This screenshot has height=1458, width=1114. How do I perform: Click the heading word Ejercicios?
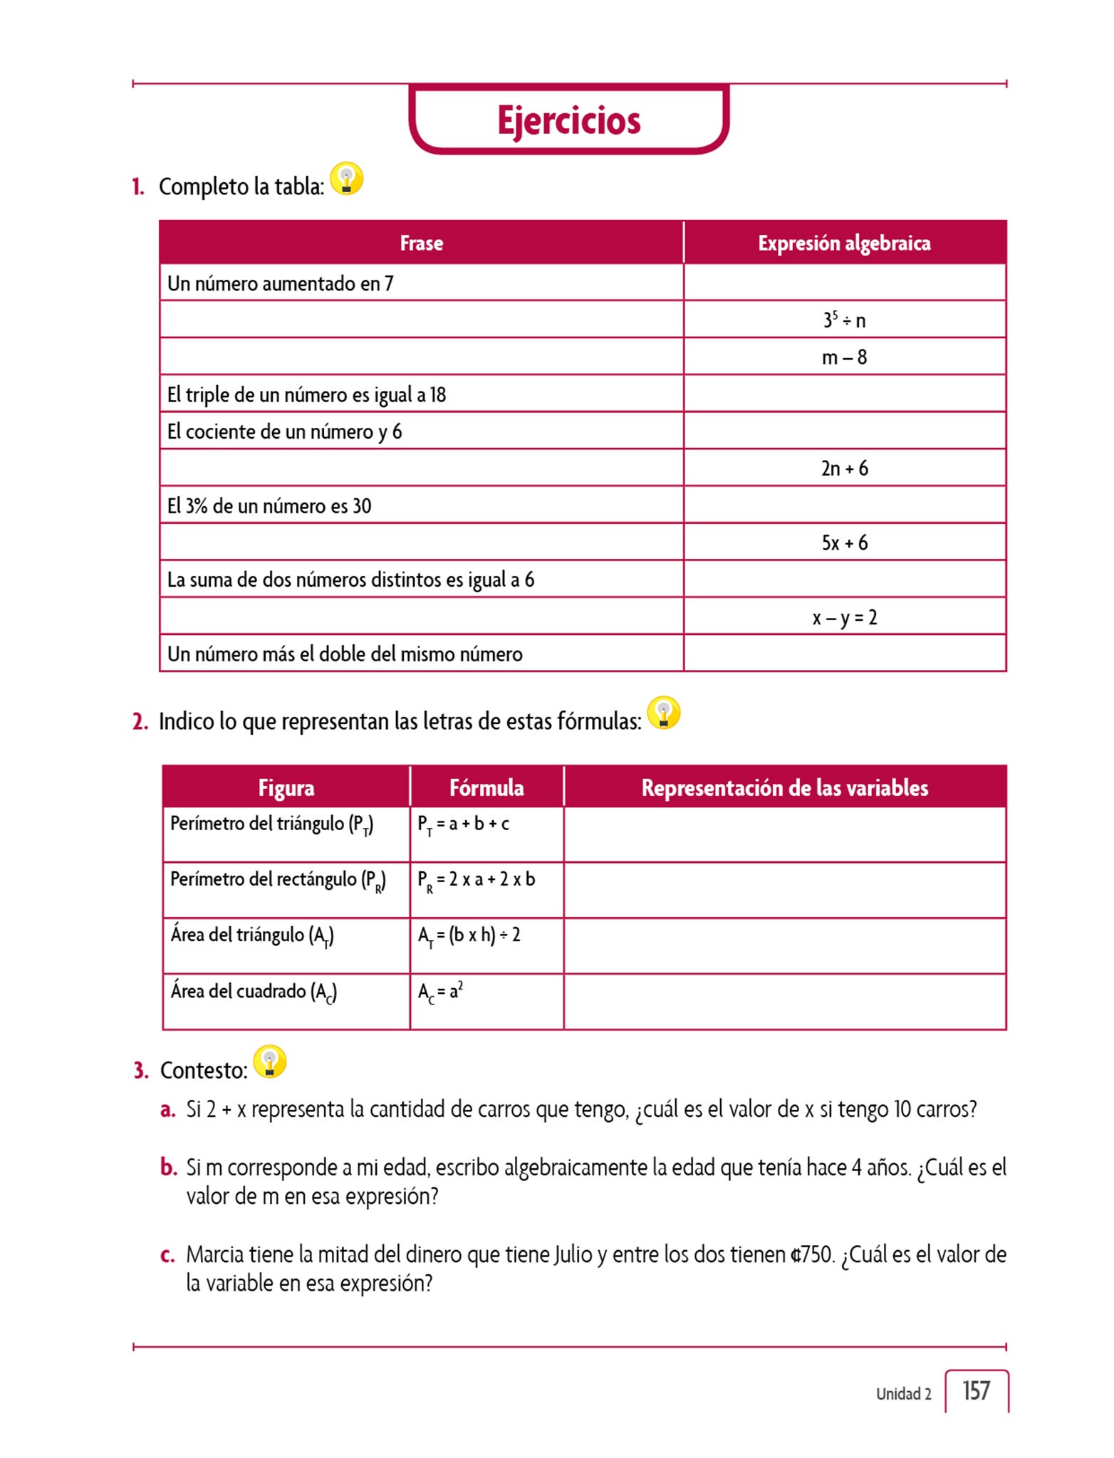(568, 120)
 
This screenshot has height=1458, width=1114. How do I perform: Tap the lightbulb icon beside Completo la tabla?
(347, 179)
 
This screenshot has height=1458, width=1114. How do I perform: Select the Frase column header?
(421, 243)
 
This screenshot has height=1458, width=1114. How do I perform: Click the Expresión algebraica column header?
(844, 243)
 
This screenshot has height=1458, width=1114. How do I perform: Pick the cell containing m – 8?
(844, 357)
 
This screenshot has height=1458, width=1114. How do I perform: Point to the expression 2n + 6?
(844, 468)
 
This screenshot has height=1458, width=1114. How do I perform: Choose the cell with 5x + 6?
(844, 542)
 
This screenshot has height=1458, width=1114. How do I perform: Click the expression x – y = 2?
(844, 617)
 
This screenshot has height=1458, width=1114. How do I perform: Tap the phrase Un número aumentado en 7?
(280, 283)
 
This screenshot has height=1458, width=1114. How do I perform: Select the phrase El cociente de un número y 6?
(284, 431)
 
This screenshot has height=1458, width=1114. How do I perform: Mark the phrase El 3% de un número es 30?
(269, 505)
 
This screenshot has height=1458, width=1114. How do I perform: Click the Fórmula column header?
(486, 787)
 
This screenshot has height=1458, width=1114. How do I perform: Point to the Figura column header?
(286, 787)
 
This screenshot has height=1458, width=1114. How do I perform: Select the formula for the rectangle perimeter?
(476, 881)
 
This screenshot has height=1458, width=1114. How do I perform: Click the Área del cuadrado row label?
(253, 992)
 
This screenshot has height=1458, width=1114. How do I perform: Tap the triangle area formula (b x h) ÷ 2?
(469, 936)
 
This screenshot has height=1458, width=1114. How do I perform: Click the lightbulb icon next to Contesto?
(270, 1061)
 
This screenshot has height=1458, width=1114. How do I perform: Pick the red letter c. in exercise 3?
(167, 1255)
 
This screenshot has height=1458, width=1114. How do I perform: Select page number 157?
(976, 1390)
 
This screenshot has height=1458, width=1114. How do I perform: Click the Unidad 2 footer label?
(903, 1394)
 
